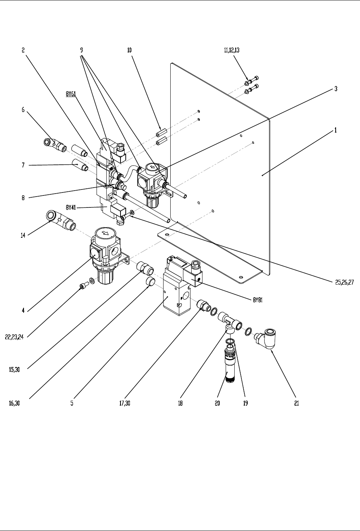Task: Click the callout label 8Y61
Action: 71,94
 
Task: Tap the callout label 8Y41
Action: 71,207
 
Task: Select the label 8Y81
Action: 258,300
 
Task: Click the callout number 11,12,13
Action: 232,50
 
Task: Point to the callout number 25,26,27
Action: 344,282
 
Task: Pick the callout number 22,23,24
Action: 15,337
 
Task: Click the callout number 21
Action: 296,403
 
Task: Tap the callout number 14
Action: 23,236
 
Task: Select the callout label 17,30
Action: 125,403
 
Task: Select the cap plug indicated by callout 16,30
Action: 150,281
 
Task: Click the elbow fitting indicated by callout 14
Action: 60,219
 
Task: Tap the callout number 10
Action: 129,50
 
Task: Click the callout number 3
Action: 336,89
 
